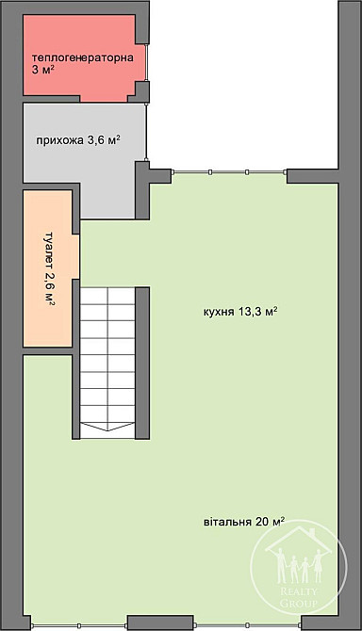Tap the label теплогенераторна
click(x=88, y=57)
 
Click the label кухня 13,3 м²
click(x=239, y=312)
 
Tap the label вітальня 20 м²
click(x=243, y=522)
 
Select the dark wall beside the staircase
click(x=142, y=363)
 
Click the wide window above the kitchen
click(x=228, y=172)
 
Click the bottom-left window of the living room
click(x=79, y=624)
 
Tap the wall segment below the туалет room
click(x=47, y=351)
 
